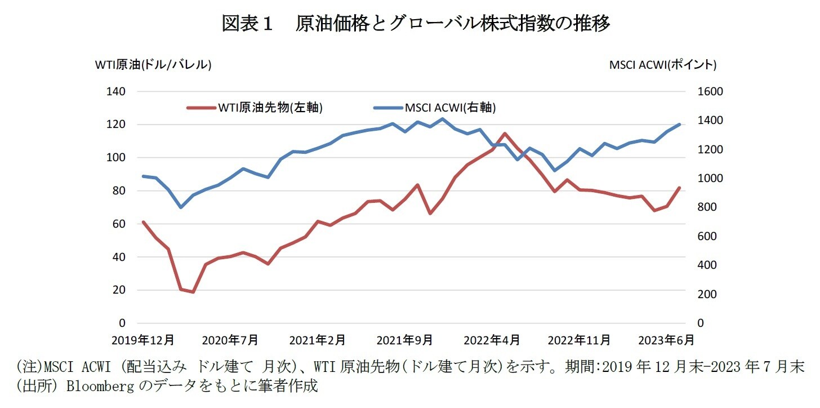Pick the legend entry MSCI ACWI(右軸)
[x=450, y=108]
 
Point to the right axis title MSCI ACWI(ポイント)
[x=662, y=65]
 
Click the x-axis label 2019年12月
[x=143, y=340]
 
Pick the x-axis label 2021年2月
[x=317, y=340]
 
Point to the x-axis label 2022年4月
[x=491, y=340]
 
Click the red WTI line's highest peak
[x=505, y=134]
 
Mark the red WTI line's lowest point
[x=193, y=292]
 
